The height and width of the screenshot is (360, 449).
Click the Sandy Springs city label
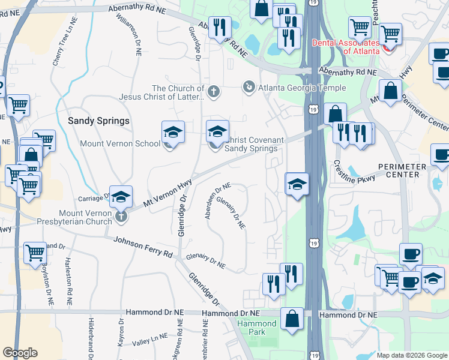pyautogui.click(x=98, y=121)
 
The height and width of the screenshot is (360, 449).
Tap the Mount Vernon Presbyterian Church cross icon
pyautogui.click(x=122, y=215)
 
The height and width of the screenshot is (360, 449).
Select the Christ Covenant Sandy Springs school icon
pyautogui.click(x=218, y=131)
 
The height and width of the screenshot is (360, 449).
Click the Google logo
pyautogui.click(x=20, y=353)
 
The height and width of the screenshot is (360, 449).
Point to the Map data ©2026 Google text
pyautogui.click(x=411, y=355)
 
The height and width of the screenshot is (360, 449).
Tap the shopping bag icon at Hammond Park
pyautogui.click(x=292, y=319)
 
